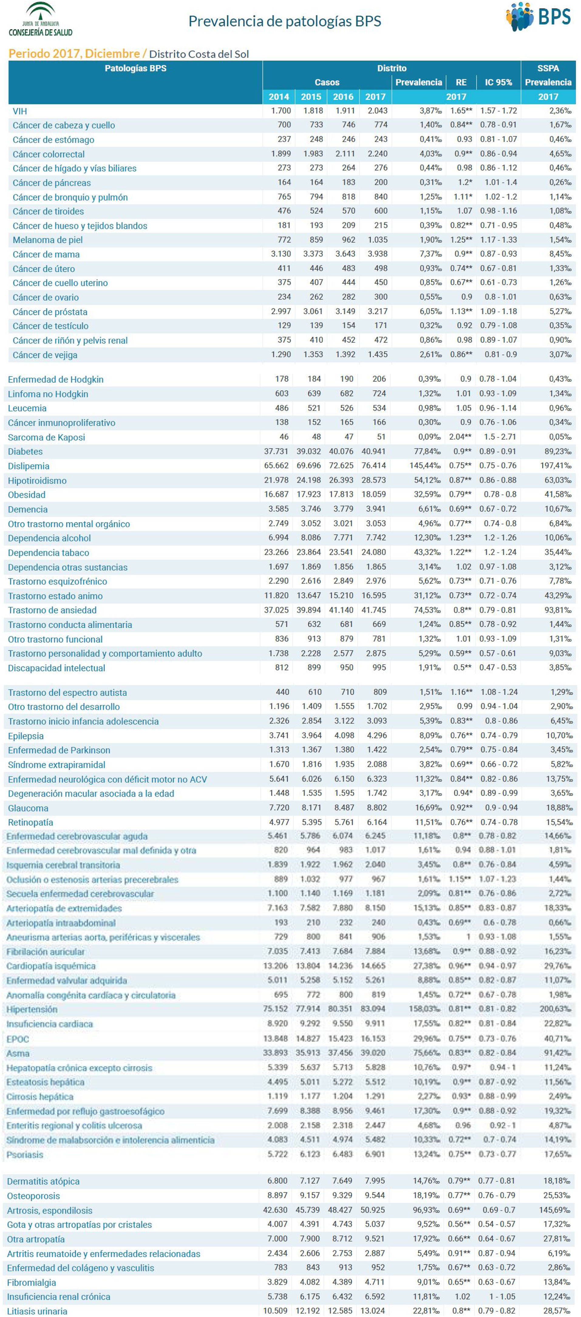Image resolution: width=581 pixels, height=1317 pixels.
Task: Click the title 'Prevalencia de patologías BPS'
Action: [x=285, y=21]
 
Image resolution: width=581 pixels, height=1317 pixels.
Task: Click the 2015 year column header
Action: [x=311, y=96]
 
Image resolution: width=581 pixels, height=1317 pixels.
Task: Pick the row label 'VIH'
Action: [x=20, y=111]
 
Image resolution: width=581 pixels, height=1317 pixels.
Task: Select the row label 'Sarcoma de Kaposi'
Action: [x=46, y=437]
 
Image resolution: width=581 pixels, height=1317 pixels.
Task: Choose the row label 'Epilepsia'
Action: [x=25, y=736]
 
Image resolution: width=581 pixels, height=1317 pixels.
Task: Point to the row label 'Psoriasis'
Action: [x=25, y=1154]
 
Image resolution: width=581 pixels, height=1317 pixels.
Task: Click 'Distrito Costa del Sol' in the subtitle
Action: [x=199, y=54]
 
